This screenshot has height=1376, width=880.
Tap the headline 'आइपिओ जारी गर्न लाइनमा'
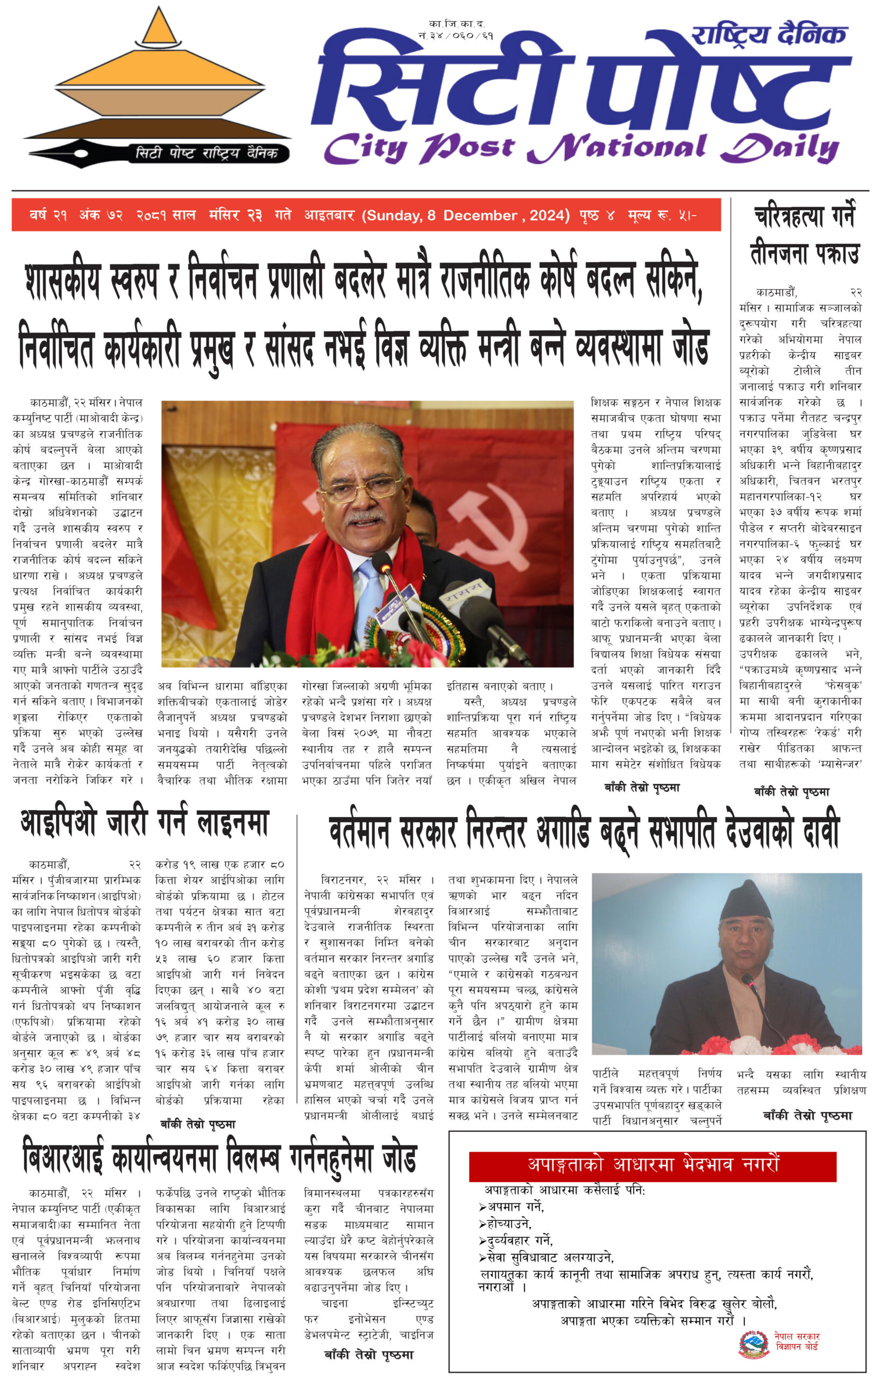click(145, 823)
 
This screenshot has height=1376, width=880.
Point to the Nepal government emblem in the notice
click(753, 1344)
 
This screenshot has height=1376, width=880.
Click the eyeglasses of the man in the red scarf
click(363, 488)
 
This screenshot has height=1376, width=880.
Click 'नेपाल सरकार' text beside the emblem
click(797, 1336)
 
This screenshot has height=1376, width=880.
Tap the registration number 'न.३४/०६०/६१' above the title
click(455, 35)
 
